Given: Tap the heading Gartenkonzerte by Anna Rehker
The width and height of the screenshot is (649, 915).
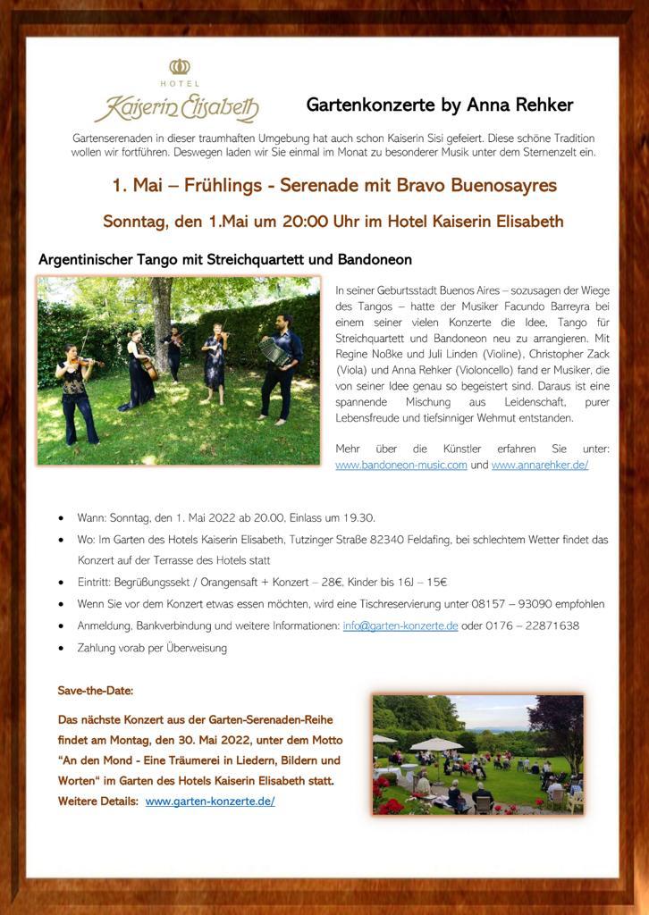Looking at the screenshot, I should point(439,105).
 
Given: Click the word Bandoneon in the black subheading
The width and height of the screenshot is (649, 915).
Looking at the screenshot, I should point(375,260).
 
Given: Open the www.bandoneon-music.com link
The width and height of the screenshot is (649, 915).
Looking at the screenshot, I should point(400,466).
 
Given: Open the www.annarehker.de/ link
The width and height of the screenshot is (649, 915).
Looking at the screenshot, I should point(539,466).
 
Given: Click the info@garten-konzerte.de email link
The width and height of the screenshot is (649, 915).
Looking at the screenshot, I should point(400,625).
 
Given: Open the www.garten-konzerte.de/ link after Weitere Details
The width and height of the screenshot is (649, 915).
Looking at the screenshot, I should point(210,802).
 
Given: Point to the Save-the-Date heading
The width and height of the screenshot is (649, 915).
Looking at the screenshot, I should point(96,691).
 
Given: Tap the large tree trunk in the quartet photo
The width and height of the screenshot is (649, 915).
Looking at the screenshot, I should point(162,322).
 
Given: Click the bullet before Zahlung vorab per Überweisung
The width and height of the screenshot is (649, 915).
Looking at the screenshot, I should point(60,647).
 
